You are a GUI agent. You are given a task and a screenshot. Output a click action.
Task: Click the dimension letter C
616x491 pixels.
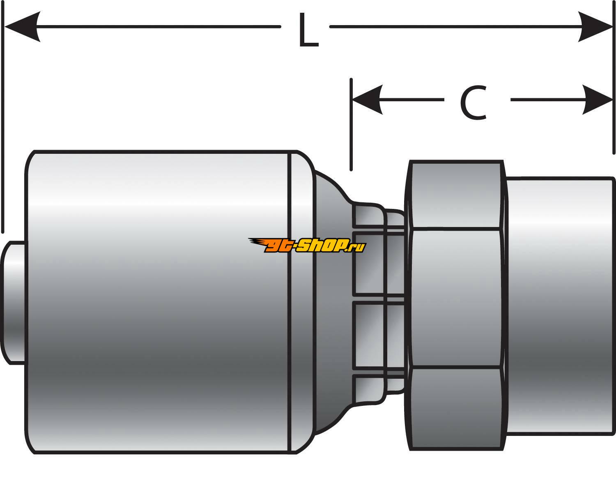[x=473, y=103]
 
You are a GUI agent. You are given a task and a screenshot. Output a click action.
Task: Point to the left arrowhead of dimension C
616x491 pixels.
[x=368, y=100]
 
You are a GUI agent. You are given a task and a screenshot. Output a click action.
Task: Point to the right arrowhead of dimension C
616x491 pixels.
[x=598, y=100]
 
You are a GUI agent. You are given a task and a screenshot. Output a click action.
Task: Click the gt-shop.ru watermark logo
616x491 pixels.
[x=307, y=245]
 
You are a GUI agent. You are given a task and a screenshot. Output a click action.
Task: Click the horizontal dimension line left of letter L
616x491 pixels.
[x=156, y=27]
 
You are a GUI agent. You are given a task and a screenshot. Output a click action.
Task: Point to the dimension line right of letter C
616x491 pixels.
[x=546, y=100]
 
